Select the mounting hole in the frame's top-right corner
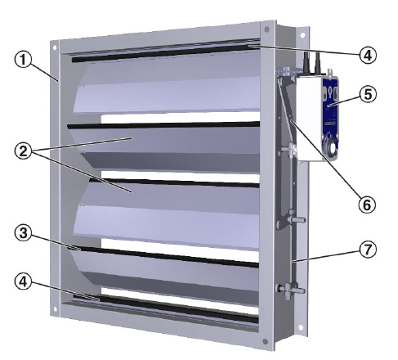click(x=266, y=32)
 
